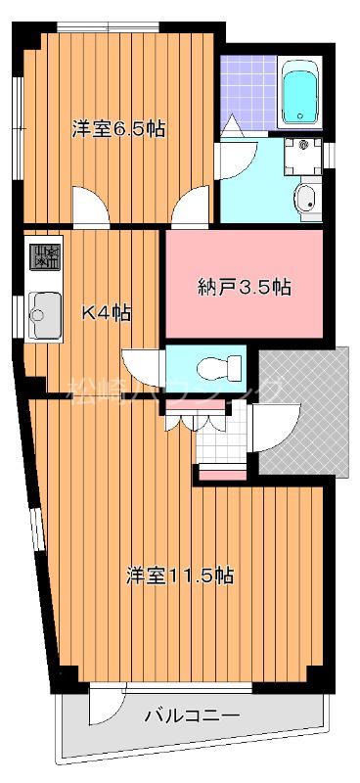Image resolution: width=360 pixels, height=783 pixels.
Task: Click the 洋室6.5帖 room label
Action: click(117, 129)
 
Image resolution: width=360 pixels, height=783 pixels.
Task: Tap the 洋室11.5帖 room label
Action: click(179, 576)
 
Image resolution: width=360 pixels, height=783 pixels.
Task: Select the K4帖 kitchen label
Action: click(106, 313)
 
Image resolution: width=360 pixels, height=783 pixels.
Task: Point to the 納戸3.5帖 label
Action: click(244, 287)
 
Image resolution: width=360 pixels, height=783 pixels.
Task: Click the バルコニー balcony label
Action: click(192, 715)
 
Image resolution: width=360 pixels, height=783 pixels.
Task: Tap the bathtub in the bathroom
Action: click(299, 96)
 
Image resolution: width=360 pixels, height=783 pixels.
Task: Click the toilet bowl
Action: click(217, 368)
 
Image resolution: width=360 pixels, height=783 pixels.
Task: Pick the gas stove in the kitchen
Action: click(44, 257)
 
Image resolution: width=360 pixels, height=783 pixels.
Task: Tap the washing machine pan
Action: click(303, 155)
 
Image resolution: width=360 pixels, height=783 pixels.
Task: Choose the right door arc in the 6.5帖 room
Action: click(191, 207)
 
